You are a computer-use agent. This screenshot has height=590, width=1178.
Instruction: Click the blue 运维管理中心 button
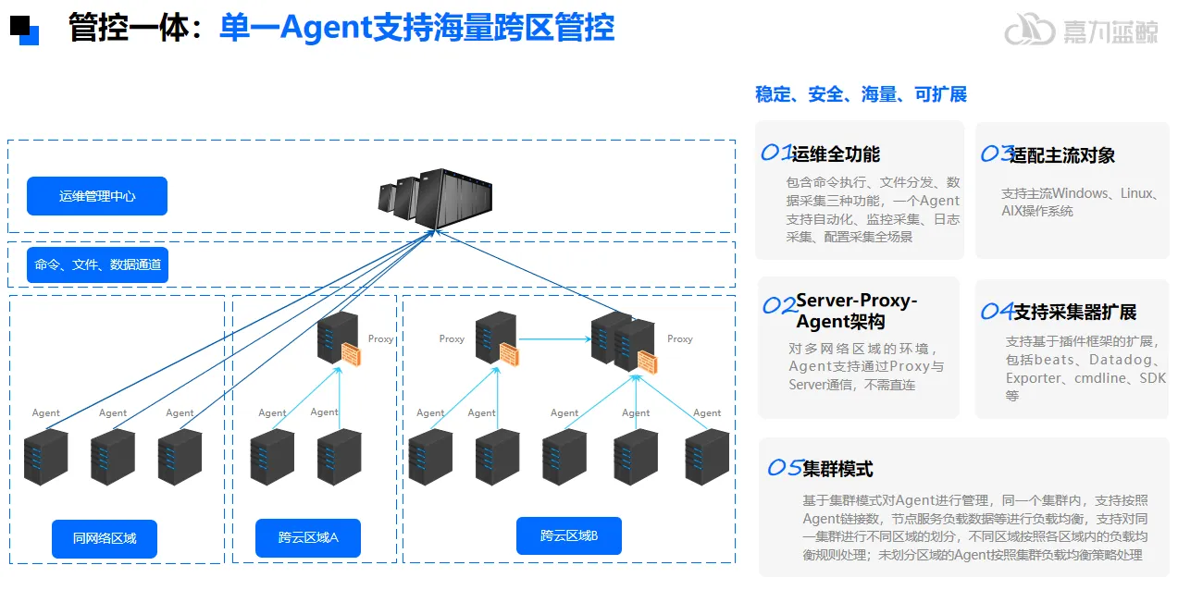point(97,196)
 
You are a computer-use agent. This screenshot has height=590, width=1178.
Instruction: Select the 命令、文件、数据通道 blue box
point(97,265)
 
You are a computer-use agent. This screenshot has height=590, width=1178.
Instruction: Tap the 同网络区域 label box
point(105,538)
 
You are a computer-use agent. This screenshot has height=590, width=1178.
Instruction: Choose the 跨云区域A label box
point(308,538)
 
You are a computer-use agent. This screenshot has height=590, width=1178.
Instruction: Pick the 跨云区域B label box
point(569,535)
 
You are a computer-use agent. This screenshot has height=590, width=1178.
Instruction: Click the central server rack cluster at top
point(434,199)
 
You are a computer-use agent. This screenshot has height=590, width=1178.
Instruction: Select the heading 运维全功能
point(835,154)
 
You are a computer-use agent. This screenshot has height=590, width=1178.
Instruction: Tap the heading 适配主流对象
point(1062,155)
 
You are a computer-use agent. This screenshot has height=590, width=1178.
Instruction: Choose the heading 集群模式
point(837,469)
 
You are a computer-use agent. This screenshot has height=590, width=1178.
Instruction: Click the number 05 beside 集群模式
point(785,469)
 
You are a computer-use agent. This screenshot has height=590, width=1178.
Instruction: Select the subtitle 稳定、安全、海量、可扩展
point(861,94)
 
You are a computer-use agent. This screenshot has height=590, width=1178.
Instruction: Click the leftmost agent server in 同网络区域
point(46,457)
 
